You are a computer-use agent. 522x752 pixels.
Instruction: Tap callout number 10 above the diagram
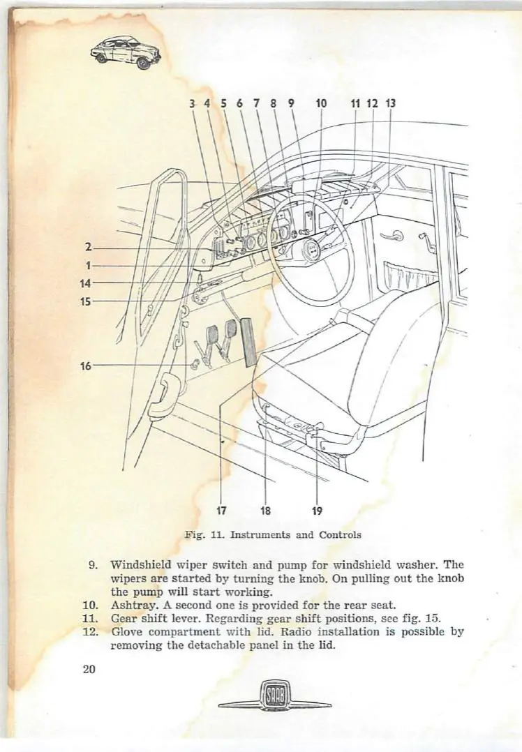[x=321, y=104]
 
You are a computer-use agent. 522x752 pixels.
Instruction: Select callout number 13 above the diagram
[x=390, y=104]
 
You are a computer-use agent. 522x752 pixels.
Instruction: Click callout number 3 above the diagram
[x=191, y=104]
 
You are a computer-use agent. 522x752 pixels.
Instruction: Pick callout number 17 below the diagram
[x=221, y=510]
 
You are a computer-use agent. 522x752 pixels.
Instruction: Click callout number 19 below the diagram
[x=317, y=510]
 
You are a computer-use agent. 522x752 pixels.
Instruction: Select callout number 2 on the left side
[x=89, y=247]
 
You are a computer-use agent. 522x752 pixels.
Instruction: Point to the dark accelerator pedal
[x=246, y=340]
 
